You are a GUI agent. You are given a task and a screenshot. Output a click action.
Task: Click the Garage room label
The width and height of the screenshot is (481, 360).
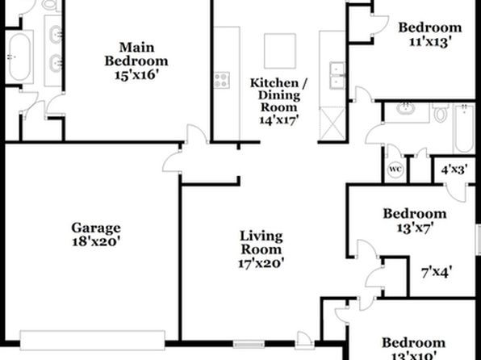pyautogui.click(x=96, y=228)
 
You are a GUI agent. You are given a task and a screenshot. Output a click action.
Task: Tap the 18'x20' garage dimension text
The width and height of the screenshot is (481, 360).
pyautogui.click(x=95, y=241)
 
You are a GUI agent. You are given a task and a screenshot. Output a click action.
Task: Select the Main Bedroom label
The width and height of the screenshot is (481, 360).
pyautogui.click(x=136, y=54)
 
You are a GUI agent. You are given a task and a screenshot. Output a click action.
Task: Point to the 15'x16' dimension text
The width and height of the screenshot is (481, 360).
pyautogui.click(x=136, y=74)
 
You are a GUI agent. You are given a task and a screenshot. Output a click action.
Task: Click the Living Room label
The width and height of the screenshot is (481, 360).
pyautogui.click(x=261, y=243)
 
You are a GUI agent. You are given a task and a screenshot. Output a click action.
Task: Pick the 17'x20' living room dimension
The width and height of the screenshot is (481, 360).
pyautogui.click(x=261, y=263)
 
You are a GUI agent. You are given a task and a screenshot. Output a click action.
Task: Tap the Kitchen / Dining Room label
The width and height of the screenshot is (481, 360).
pyautogui.click(x=278, y=94)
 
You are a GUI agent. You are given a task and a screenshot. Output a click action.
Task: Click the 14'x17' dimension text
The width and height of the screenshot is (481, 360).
pyautogui.click(x=278, y=119)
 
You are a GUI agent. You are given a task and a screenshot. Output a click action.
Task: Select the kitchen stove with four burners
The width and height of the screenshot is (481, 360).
pyautogui.click(x=222, y=80)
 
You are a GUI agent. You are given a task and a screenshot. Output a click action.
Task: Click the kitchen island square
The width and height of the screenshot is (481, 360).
pyautogui.click(x=280, y=51)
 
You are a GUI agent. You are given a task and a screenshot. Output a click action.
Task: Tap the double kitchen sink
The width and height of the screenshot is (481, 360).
pyautogui.click(x=337, y=75)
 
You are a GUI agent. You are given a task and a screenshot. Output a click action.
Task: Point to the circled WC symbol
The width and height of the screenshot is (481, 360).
pyautogui.click(x=395, y=170)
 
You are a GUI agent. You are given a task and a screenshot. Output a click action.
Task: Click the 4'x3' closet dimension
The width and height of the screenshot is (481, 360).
pyautogui.click(x=454, y=170)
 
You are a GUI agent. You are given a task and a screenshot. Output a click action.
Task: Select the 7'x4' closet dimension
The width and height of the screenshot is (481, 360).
pyautogui.click(x=437, y=272)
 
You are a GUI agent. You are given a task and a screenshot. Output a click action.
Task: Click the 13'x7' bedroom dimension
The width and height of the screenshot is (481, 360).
pyautogui.click(x=415, y=228)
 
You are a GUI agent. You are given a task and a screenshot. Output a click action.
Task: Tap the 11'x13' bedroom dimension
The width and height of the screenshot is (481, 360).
pyautogui.click(x=430, y=41)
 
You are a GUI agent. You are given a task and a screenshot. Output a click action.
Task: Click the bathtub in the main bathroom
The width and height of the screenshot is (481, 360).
pyautogui.click(x=19, y=57)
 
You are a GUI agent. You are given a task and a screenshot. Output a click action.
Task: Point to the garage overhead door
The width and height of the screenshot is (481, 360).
pyautogui.click(x=92, y=341)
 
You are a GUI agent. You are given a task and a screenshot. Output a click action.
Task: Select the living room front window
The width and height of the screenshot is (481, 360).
pyautogui.click(x=249, y=345)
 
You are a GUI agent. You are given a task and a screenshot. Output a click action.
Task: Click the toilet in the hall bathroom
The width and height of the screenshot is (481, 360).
pyautogui.click(x=441, y=113)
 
